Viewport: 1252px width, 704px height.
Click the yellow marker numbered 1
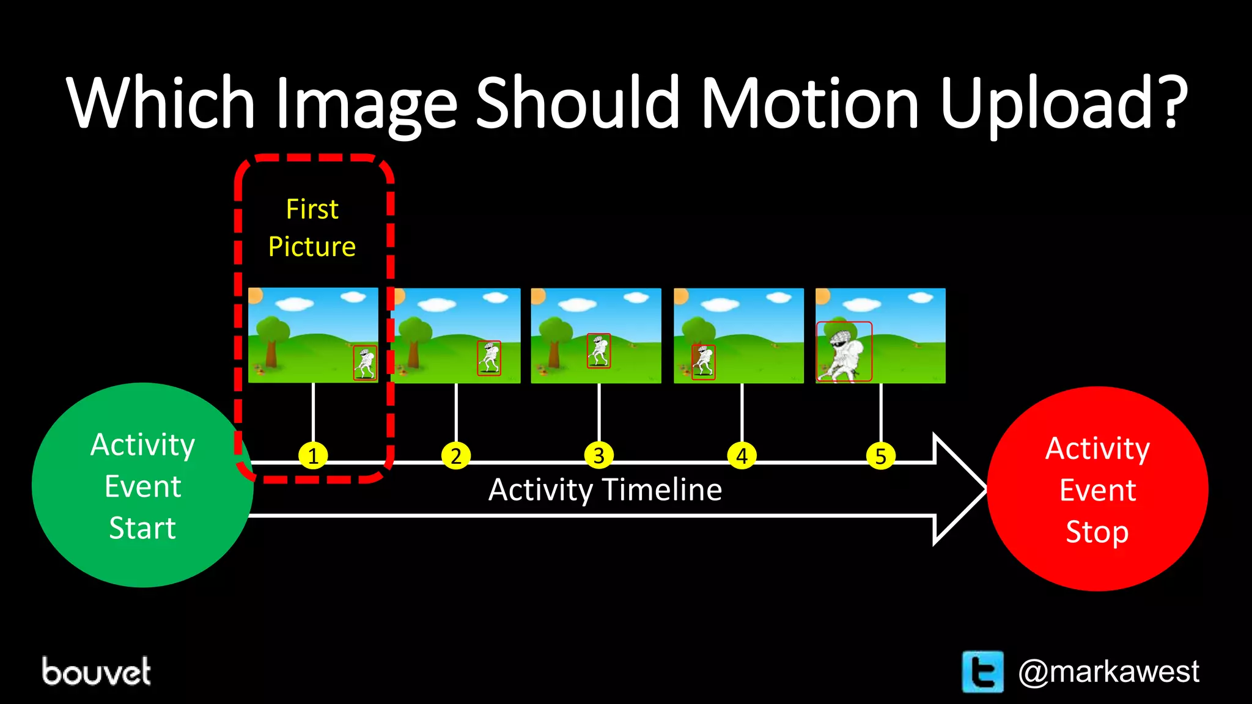313,456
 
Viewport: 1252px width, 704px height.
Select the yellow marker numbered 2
456,456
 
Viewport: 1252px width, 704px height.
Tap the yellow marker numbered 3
599,456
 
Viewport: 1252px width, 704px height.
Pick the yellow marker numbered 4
742,456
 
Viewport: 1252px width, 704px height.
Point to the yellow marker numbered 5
881,456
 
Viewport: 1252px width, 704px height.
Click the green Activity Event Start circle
142,486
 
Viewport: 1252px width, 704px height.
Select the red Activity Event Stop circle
1097,489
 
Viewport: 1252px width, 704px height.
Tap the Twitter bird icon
982,672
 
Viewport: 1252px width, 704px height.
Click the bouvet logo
97,672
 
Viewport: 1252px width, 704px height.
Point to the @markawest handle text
1108,672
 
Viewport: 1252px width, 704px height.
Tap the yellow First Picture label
312,228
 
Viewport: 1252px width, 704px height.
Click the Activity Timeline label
605,490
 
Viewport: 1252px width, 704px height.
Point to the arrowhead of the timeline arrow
960,489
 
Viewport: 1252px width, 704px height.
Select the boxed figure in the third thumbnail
598,351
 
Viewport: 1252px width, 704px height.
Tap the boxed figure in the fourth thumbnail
703,362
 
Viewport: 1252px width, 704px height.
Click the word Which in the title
161,103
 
